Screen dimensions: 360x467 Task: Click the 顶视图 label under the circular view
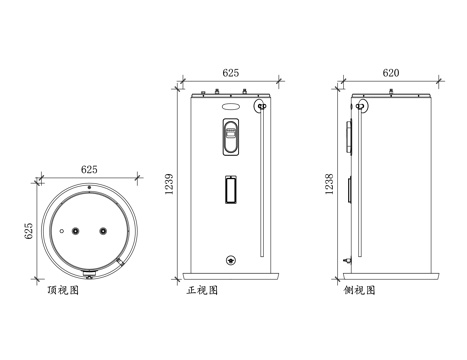(x=62, y=291)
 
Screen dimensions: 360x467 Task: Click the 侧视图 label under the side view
(x=358, y=291)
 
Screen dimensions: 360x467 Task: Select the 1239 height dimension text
(x=169, y=183)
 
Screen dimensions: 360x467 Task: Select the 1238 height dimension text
(x=329, y=183)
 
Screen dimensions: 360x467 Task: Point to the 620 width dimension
(x=391, y=73)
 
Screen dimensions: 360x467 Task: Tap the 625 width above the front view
(x=230, y=73)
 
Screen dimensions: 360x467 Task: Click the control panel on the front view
(x=231, y=137)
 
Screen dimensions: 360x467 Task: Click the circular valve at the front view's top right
(x=263, y=105)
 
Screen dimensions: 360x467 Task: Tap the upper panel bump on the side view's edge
(x=349, y=134)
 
